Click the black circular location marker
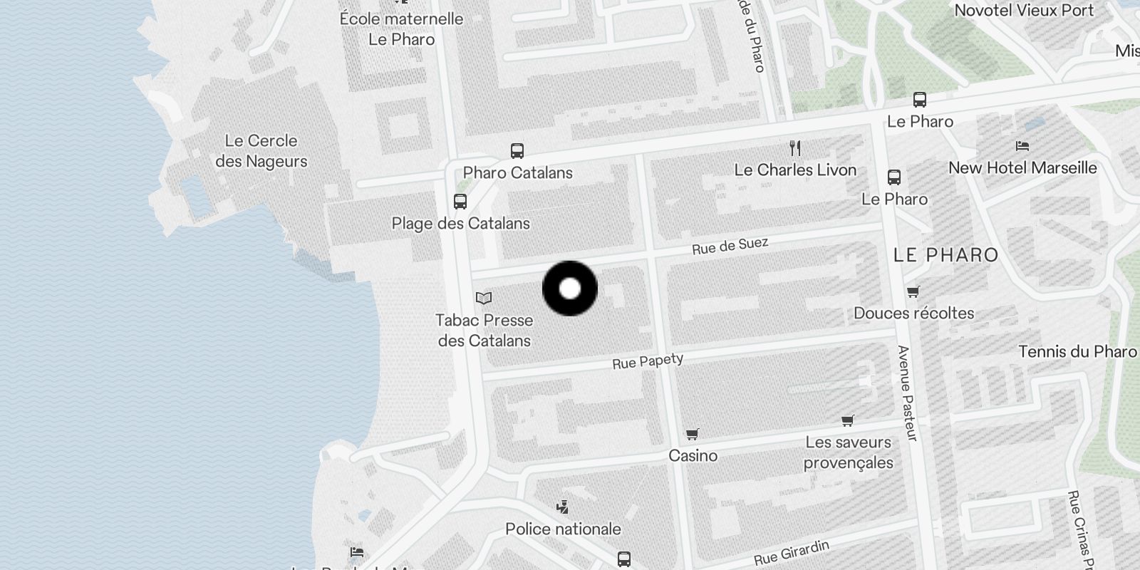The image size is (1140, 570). point(570,289)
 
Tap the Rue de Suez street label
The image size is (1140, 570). point(730,246)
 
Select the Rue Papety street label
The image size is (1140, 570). point(648,361)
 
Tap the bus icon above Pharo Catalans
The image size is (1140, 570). point(517,151)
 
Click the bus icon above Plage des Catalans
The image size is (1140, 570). point(460,202)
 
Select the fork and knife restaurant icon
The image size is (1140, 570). point(795,148)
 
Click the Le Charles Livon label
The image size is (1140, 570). point(795,170)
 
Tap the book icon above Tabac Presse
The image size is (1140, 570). point(484,298)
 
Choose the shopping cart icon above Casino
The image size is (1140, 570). point(693,434)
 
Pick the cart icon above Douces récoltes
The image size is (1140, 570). point(913,291)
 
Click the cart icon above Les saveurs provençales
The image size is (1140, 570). point(848,421)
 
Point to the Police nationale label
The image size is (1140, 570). point(563,529)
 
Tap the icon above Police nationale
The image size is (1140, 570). point(563,507)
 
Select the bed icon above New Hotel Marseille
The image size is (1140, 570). point(1022,146)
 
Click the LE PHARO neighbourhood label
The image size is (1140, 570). point(945,255)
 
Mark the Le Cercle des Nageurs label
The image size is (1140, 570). point(261,151)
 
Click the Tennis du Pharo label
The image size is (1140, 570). point(1077,352)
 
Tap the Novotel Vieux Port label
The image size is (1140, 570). point(1024,11)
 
